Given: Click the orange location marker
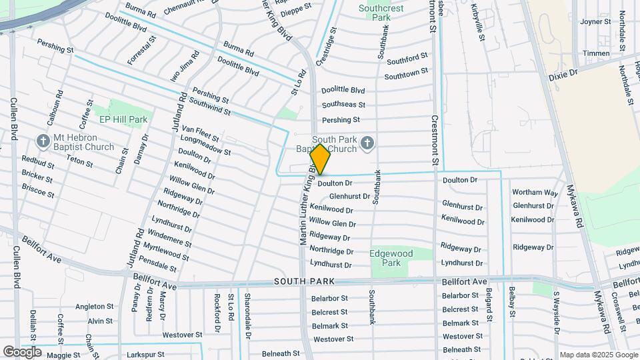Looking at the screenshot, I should click(320, 159).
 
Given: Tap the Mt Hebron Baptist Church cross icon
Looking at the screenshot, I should click(43, 141).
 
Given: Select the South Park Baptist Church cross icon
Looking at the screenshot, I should click(367, 143).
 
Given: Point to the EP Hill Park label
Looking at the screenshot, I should click(123, 119).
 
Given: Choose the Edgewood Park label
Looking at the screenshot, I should click(391, 258).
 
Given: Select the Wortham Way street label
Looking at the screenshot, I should click(535, 193).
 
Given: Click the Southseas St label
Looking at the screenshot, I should click(343, 105).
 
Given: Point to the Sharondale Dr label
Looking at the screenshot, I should click(247, 314).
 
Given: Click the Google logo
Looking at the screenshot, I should click(23, 351).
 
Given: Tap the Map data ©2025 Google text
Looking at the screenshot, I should click(597, 355).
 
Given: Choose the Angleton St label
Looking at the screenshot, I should click(94, 307).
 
